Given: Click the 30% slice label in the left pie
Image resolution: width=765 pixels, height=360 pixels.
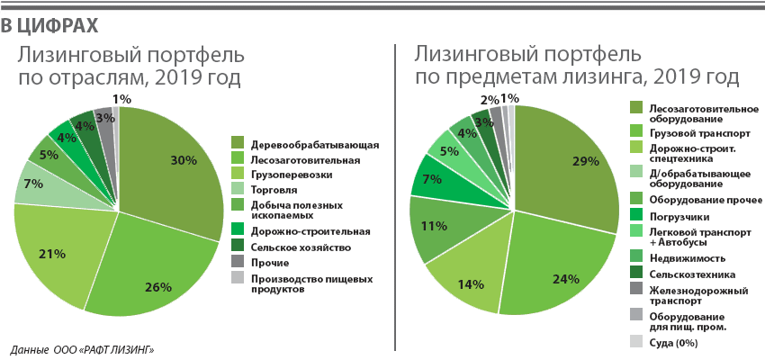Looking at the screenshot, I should point(184,160).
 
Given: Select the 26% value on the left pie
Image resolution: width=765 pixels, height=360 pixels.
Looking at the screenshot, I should point(158,287).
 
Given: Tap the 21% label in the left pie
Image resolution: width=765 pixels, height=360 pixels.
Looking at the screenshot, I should point(52,254).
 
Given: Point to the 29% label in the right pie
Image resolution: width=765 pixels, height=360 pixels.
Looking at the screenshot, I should point(585,162).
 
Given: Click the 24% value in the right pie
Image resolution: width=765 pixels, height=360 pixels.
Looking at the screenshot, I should point(565,279).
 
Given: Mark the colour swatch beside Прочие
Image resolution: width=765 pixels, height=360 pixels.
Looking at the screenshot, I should point(238,262).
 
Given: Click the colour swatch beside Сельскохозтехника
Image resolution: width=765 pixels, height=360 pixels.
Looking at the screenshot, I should point(636,273).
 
